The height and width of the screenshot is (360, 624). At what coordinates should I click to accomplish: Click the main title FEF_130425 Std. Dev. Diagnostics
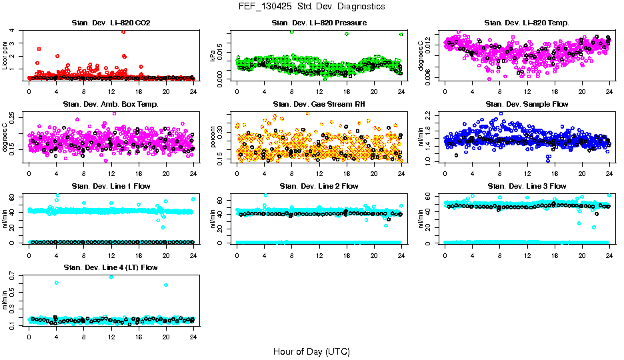(x=311, y=7)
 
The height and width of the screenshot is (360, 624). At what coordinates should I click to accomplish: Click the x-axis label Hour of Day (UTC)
(x=311, y=351)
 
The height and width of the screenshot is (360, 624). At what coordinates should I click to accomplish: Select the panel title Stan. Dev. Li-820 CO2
(x=111, y=23)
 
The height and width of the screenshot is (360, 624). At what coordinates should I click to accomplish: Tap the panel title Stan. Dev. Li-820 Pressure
(x=319, y=23)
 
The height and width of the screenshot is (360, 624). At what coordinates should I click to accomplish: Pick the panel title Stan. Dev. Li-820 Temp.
(x=527, y=23)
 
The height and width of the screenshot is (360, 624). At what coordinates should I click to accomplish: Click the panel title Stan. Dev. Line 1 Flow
(x=111, y=186)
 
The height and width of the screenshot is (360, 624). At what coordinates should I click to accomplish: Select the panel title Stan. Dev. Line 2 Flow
(x=319, y=186)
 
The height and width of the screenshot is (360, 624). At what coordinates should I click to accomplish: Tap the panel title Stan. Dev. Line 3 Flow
(x=527, y=186)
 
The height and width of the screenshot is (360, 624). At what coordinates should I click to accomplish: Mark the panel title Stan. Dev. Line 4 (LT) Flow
(x=111, y=267)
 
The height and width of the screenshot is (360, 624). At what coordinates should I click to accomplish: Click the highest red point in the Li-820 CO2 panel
(x=123, y=31)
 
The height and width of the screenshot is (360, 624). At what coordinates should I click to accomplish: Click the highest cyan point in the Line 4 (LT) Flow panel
(x=111, y=277)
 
